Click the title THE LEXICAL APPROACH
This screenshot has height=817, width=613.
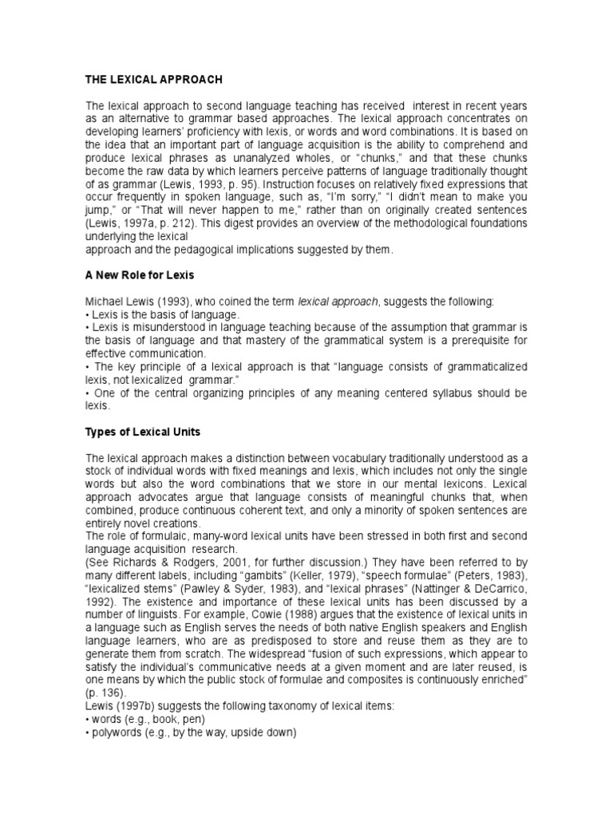(x=154, y=80)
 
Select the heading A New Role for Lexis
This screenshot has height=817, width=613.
(x=140, y=275)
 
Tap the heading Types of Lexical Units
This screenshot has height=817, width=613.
(x=142, y=432)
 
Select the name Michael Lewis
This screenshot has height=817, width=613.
(x=113, y=302)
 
